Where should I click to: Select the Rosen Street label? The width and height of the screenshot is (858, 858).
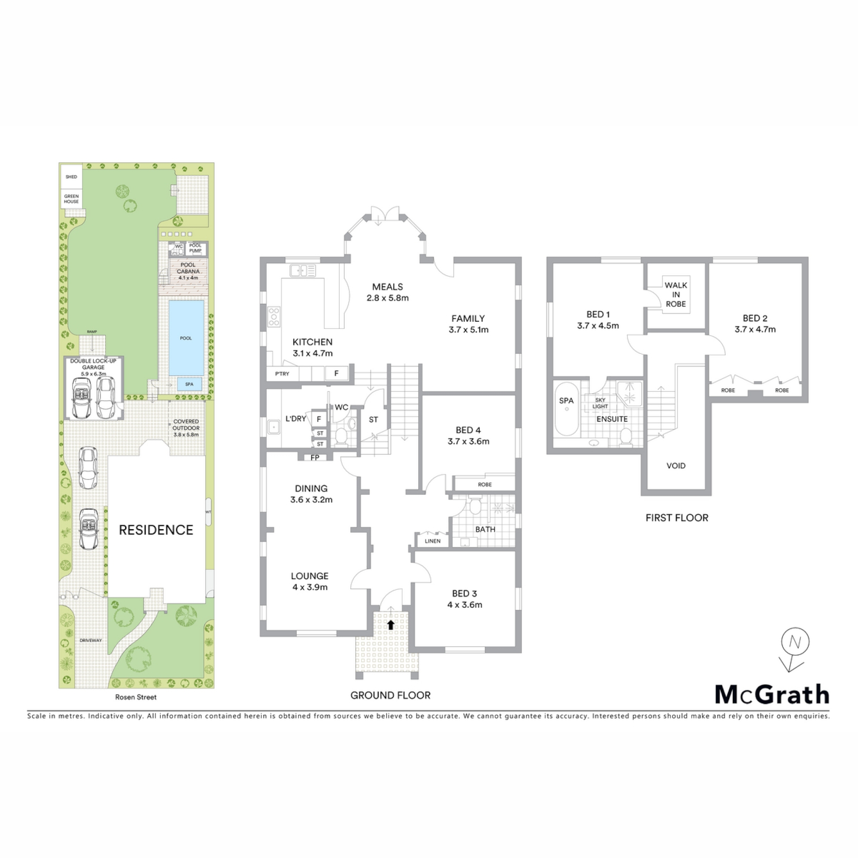coord(136,697)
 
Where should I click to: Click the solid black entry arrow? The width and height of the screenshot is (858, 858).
coord(391,624)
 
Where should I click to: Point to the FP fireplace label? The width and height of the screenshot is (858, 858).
coord(315,457)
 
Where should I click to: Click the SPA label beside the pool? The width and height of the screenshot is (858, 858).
coord(189,384)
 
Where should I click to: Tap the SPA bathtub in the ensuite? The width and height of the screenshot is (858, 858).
coord(566,409)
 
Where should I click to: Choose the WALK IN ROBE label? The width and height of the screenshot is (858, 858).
coord(676,294)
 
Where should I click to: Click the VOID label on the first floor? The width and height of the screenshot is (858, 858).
coord(676,466)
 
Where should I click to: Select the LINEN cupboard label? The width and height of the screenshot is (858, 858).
coord(433,541)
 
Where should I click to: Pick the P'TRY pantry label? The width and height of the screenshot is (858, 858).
coord(282,374)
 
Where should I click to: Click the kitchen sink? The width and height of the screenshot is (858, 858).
coord(303,270)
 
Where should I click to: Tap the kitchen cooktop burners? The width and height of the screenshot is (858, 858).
coord(274,316)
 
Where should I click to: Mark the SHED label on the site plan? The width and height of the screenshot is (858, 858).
coord(71,177)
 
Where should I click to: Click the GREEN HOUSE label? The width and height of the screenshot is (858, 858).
coord(71,199)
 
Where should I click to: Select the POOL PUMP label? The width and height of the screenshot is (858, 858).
coord(195,248)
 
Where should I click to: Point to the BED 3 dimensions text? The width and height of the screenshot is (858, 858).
coord(465,605)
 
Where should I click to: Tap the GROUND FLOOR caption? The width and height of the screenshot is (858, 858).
coord(391,695)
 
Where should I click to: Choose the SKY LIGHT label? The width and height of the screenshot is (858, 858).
coord(600,403)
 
